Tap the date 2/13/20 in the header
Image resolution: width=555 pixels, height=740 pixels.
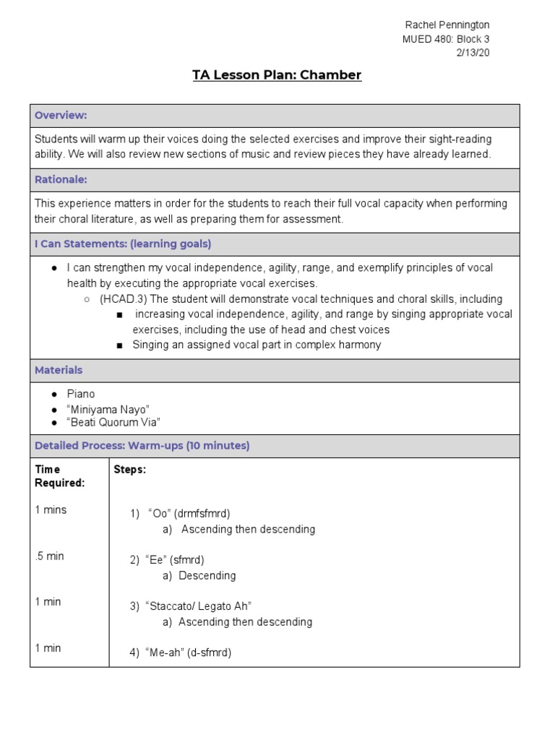coord(473,53)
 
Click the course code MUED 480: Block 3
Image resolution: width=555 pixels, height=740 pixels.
coord(446,39)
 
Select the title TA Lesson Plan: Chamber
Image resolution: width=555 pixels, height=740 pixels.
coord(277,75)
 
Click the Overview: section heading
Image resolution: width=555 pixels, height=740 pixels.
coord(61,116)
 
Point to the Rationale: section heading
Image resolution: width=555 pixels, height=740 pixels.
coord(61,180)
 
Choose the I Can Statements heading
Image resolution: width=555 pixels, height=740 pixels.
coord(123,244)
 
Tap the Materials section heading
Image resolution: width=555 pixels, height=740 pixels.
coord(59,370)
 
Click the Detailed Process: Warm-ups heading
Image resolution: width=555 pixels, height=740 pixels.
coord(142,446)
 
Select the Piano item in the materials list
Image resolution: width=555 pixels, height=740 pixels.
coord(81,394)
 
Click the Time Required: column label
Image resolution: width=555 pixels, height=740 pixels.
coord(60,476)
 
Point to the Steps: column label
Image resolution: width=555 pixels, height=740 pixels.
coord(130,470)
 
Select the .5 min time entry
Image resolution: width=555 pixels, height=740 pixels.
coord(49,556)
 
